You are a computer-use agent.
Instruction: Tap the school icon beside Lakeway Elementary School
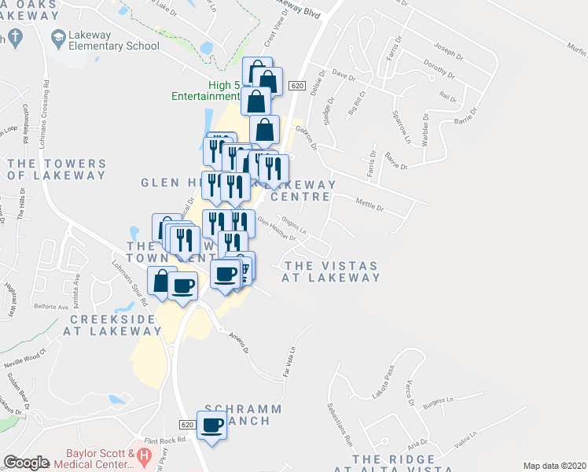coord(58,36)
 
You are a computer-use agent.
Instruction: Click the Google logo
coord(26,463)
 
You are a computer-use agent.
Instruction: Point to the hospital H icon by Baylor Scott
coord(143,455)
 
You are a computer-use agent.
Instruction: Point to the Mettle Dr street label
coord(369,207)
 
